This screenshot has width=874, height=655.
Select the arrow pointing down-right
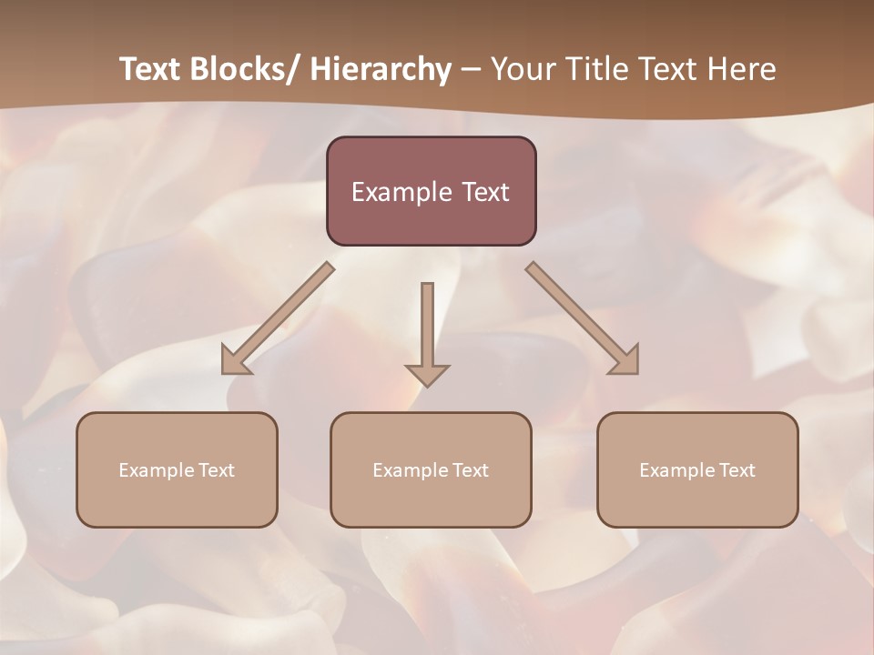click(583, 319)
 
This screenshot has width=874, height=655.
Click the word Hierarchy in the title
click(381, 69)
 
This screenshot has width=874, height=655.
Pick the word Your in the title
click(523, 69)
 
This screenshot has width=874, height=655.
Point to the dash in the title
click(470, 70)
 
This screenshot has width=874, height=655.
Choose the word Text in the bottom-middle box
click(470, 470)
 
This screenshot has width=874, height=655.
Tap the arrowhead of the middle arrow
click(427, 375)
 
